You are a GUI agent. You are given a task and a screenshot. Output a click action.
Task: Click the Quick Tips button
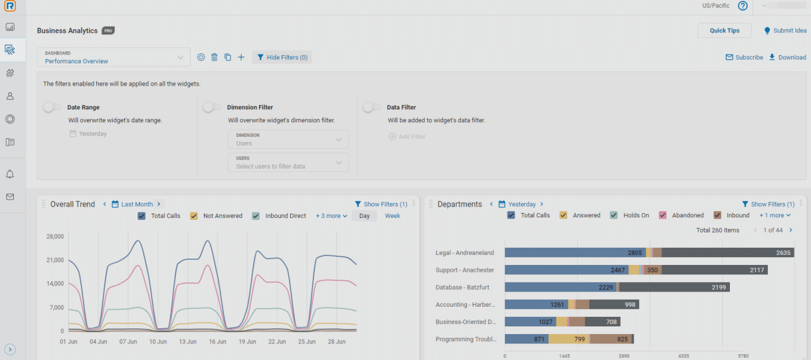[724, 30]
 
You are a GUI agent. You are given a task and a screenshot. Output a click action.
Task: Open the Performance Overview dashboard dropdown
[113, 58]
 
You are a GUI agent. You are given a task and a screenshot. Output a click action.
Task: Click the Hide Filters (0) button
[282, 58]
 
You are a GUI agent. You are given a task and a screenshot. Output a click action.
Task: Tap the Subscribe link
[744, 58]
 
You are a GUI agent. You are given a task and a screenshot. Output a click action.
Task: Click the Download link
[788, 58]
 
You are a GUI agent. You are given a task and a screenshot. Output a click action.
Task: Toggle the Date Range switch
[53, 108]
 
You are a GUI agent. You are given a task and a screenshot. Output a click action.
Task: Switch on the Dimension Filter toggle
[212, 108]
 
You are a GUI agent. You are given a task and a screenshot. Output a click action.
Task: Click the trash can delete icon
[214, 58]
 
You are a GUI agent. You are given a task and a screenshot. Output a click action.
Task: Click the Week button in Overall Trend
[392, 216]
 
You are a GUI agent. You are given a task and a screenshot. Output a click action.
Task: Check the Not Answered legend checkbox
[195, 216]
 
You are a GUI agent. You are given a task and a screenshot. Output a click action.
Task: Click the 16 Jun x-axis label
[217, 342]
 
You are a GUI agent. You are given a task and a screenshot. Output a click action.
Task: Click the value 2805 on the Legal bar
[635, 253]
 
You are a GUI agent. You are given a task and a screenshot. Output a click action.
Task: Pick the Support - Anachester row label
[464, 270]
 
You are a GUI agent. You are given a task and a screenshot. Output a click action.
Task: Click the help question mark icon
[743, 6]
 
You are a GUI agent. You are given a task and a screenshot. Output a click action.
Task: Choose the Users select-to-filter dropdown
[288, 162]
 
